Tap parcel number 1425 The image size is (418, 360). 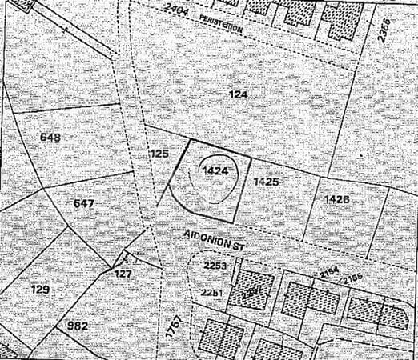[266, 182]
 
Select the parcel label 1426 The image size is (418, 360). [337, 198]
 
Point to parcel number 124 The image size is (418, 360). [239, 94]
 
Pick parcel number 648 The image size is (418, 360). [50, 137]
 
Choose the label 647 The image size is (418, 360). [84, 203]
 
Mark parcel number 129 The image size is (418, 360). [40, 287]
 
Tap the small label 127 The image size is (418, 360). [123, 273]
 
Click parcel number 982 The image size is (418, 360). [78, 326]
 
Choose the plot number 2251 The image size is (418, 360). [211, 294]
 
